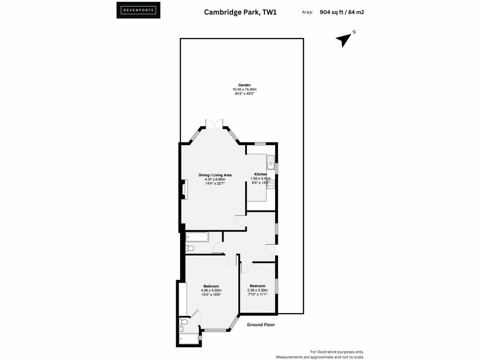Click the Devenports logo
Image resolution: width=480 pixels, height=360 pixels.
[x=138, y=10]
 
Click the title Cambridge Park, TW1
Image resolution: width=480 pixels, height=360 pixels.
[x=240, y=12]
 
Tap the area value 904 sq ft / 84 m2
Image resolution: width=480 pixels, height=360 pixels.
[x=342, y=12]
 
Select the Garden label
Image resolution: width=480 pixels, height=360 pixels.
[x=244, y=85]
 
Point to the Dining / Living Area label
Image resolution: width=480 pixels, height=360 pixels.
[x=215, y=175]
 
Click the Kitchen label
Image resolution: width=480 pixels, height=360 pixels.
[x=261, y=174]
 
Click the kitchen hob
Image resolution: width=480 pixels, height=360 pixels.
[x=271, y=184]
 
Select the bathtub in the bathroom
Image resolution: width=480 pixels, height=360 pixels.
[x=197, y=237]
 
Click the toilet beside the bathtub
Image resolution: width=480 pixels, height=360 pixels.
[x=189, y=248]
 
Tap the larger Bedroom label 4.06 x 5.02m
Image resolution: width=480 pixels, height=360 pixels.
[x=211, y=286]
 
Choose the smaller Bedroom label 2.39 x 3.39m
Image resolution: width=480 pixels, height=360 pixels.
[x=257, y=286]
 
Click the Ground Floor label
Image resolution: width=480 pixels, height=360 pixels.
[x=261, y=324]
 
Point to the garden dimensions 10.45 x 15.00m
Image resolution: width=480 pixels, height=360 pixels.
[x=244, y=90]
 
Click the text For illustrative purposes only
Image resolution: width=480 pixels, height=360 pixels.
[x=337, y=352]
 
